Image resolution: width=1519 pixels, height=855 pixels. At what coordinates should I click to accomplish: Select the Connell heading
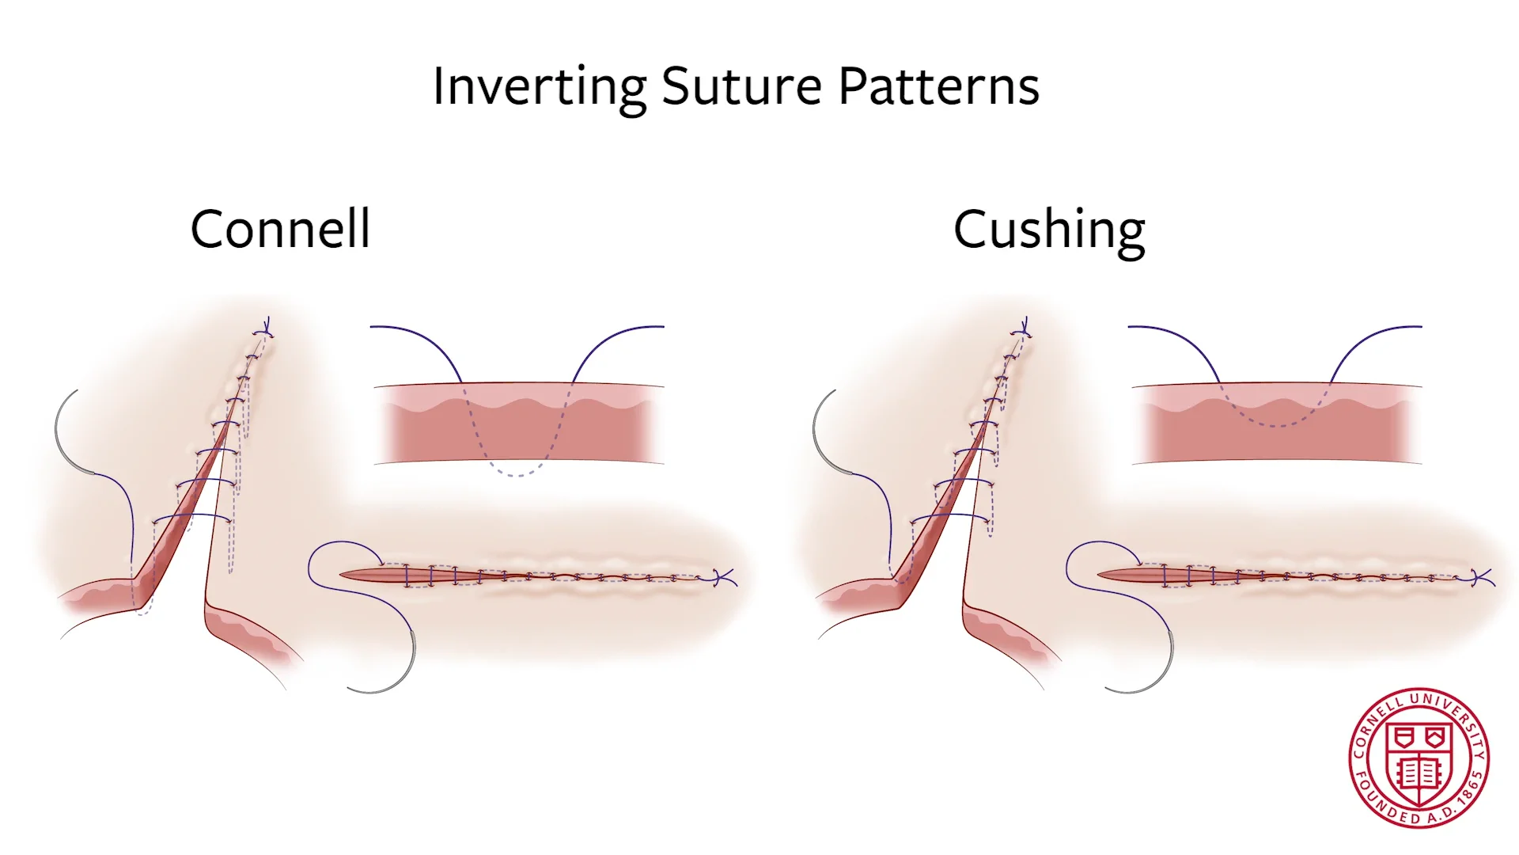(x=280, y=230)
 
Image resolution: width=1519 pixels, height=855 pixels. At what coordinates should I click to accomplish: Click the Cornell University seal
(x=1419, y=758)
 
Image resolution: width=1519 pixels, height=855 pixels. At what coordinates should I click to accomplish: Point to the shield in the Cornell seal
(x=1419, y=756)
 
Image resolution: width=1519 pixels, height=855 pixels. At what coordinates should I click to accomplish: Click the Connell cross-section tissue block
(x=518, y=424)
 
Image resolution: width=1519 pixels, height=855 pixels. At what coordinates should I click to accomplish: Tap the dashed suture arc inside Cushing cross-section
(x=1275, y=424)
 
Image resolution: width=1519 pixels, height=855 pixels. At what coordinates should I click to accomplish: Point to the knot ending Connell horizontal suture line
(x=721, y=578)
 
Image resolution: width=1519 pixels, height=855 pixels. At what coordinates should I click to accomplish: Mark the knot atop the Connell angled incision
(x=267, y=327)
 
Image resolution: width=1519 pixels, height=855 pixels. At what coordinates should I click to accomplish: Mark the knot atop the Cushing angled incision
(x=1025, y=327)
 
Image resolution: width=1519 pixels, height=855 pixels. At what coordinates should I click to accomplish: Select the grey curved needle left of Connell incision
(x=63, y=435)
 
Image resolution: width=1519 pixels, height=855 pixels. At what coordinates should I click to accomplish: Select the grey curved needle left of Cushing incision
(x=821, y=435)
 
